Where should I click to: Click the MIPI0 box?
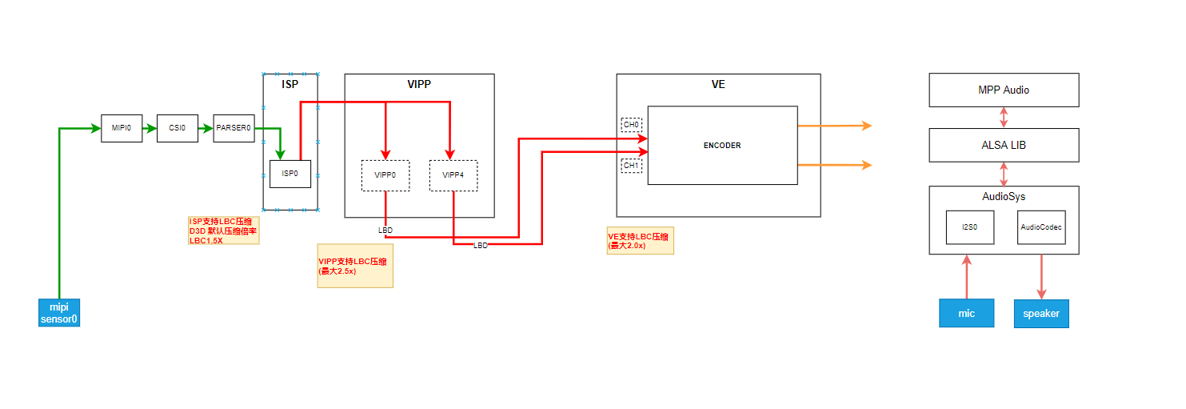click(122, 128)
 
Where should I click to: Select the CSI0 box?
click(178, 128)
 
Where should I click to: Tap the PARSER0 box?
click(234, 128)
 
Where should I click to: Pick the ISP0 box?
click(290, 174)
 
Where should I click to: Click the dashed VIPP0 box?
click(385, 175)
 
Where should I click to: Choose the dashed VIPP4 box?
click(453, 175)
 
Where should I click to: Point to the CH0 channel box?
click(631, 125)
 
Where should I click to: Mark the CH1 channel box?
click(631, 166)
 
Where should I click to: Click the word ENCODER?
click(722, 146)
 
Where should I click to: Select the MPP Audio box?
click(1004, 90)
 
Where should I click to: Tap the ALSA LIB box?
click(1004, 145)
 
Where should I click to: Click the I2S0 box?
click(969, 227)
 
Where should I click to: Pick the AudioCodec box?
click(1041, 227)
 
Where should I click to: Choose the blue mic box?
click(966, 313)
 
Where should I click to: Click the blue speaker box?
click(1041, 313)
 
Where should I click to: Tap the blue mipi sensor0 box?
click(60, 313)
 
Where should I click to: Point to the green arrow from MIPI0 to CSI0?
click(150, 128)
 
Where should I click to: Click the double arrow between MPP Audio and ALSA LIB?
click(1004, 117)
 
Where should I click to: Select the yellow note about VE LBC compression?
click(640, 240)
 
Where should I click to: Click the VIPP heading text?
click(419, 84)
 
